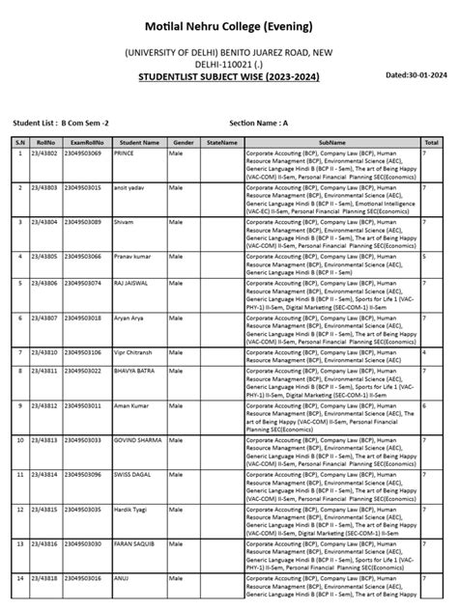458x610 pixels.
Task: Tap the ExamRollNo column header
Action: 91,141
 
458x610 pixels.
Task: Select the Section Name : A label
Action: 259,124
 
